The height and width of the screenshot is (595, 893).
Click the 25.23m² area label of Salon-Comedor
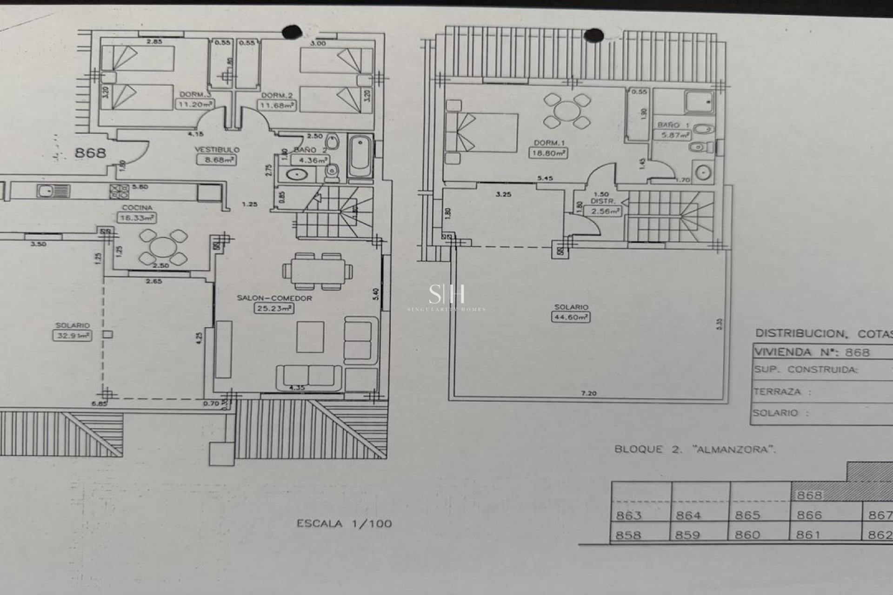point(273,308)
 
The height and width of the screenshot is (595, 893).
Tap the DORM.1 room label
point(547,143)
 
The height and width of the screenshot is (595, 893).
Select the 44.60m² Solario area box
point(571,317)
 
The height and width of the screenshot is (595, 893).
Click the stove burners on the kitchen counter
point(119,191)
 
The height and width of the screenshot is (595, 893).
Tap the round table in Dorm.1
point(567,111)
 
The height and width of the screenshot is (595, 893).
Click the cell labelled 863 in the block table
point(629,515)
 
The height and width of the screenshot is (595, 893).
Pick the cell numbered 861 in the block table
point(808,535)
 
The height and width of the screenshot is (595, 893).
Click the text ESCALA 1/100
point(344,524)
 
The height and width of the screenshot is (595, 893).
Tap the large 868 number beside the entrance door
point(90,152)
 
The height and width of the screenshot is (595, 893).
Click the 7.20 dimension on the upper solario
point(588,393)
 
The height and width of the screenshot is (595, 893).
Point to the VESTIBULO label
point(217,150)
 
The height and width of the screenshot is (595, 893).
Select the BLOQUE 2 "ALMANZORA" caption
point(695,450)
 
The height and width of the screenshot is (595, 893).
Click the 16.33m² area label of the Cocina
point(136,218)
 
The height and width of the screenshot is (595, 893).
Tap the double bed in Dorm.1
point(482,132)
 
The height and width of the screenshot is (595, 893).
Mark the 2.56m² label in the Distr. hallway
point(605,211)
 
